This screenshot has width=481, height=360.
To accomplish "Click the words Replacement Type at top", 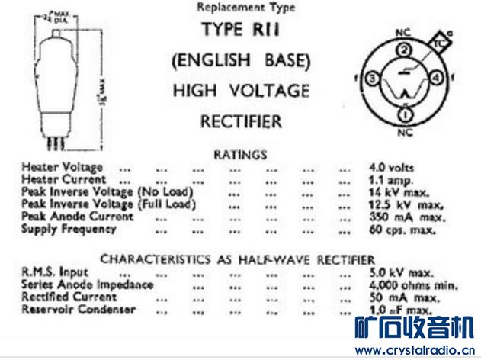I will pos(245,7).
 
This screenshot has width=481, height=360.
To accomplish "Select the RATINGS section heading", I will pos(242,154).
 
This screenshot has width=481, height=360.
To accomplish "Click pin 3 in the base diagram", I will pos(372,79).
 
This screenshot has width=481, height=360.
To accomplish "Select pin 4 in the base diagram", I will pos(435,79).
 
